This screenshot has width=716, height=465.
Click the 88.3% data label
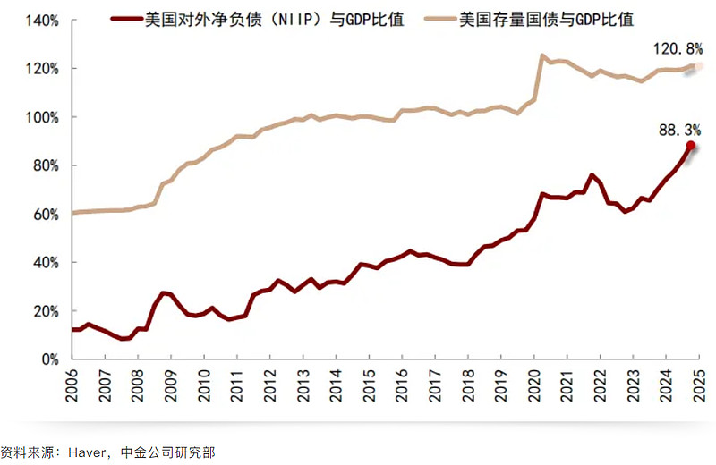click(x=680, y=131)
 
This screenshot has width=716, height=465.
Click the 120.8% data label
click(x=678, y=51)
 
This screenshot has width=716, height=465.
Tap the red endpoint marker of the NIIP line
click(x=690, y=145)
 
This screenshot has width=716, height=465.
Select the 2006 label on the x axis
click(x=72, y=384)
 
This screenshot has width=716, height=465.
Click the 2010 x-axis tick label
click(x=203, y=384)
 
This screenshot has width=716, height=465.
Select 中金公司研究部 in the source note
click(x=172, y=453)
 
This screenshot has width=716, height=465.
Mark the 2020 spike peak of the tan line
click(x=542, y=55)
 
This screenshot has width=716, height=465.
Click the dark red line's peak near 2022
click(x=592, y=175)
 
